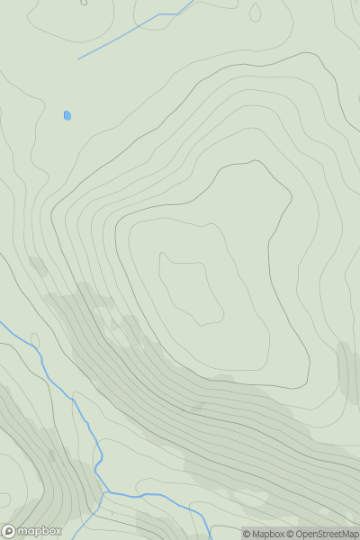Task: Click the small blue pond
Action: pyautogui.click(x=67, y=115)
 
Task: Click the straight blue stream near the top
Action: pyautogui.click(x=117, y=38)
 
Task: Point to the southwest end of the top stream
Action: pyautogui.click(x=78, y=59)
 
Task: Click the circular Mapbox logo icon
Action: pyautogui.click(x=9, y=531)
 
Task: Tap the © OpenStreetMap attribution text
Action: pyautogui.click(x=322, y=534)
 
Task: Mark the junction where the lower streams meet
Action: pyautogui.click(x=106, y=492)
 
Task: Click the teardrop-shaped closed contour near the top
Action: pyautogui.click(x=255, y=13)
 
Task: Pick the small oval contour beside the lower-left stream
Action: pyautogui.click(x=35, y=340)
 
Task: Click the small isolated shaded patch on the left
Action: pyautogui.click(x=38, y=265)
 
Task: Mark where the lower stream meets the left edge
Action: pyautogui.click(x=2, y=322)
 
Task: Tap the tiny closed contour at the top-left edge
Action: pyautogui.click(x=84, y=3)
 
